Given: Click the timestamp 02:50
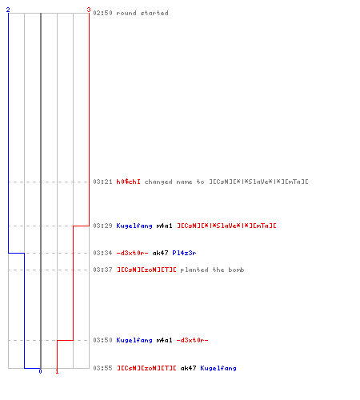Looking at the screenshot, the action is (102, 13).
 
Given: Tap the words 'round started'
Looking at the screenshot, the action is (142, 13).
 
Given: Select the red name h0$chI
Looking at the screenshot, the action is (128, 182).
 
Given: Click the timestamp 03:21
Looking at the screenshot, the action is (102, 182).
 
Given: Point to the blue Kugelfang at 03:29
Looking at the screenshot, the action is (134, 226).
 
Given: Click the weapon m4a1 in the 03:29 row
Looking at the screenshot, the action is (164, 226).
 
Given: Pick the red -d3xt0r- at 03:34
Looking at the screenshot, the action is (132, 253).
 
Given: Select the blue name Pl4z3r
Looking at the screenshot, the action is (184, 253).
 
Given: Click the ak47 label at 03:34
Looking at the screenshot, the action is (160, 253).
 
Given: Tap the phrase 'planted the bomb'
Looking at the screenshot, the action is (212, 270).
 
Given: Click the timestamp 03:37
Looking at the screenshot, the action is (102, 270).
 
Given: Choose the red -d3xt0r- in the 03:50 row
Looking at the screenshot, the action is (192, 340).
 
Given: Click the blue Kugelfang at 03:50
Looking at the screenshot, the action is (134, 340).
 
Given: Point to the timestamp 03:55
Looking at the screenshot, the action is (102, 368).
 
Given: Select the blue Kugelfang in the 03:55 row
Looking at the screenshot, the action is (218, 368).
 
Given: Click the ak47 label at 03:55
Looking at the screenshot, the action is (188, 368).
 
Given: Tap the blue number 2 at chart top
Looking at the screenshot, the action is (8, 10).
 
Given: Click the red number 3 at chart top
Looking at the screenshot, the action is (89, 10).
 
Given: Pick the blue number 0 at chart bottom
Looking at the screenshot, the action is (40, 371).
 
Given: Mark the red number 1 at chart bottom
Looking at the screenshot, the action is (57, 371).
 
